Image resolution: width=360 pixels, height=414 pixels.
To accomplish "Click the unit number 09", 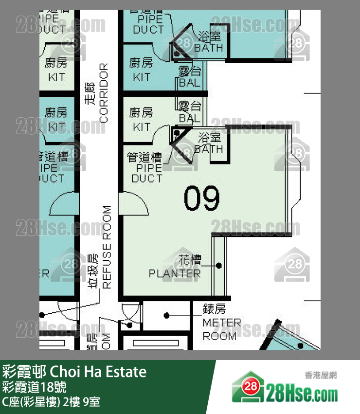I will [202, 198].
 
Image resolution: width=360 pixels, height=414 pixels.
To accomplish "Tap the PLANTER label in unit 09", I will [175, 273].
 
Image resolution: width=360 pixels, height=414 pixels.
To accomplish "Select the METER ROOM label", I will [222, 329].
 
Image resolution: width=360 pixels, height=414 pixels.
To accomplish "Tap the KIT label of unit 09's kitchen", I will [141, 127].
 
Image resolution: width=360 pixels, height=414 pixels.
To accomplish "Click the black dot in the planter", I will [219, 266].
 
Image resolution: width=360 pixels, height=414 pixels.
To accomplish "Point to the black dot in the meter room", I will [167, 315].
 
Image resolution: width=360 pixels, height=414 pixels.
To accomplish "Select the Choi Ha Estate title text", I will [74, 373].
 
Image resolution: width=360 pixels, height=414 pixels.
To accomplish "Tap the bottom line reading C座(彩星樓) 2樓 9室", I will [51, 402].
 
